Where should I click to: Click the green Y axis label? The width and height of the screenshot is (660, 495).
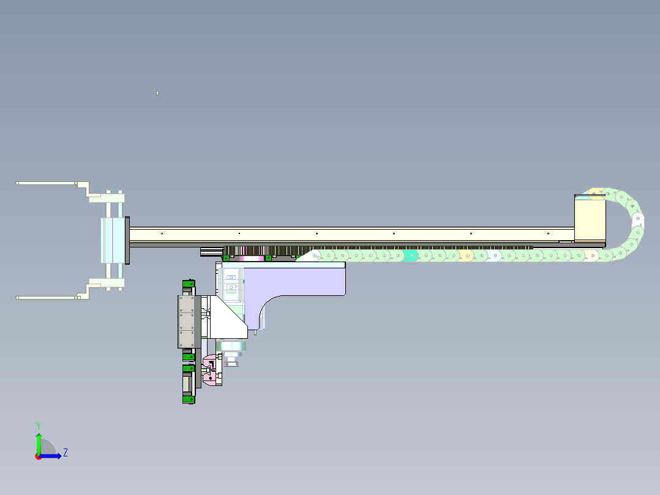point(39,426)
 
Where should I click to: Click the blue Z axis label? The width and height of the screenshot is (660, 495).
point(66,453)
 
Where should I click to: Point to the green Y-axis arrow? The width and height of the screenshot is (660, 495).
point(39,444)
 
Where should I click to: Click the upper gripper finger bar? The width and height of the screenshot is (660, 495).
point(47,183)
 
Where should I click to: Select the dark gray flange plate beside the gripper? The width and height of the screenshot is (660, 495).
point(127,241)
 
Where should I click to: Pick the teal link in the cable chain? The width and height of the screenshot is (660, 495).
point(410,255)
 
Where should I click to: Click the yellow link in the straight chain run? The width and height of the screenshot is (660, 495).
point(466,255)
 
